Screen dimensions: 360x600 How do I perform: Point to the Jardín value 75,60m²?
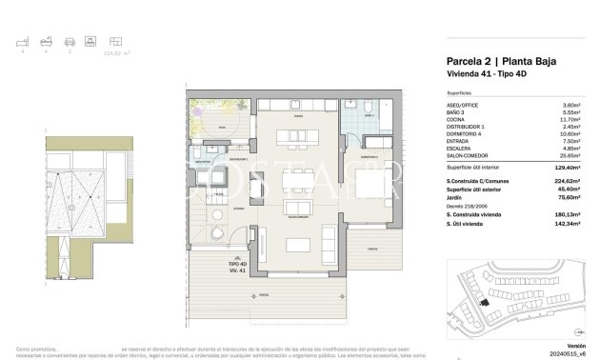tap(570, 198)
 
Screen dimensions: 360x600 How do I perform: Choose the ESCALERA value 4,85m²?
tap(570, 148)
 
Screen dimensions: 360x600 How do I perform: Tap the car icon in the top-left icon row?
tap(69, 43)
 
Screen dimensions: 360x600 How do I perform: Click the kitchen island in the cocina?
tap(296, 138)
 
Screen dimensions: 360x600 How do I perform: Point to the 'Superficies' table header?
tap(461, 92)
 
